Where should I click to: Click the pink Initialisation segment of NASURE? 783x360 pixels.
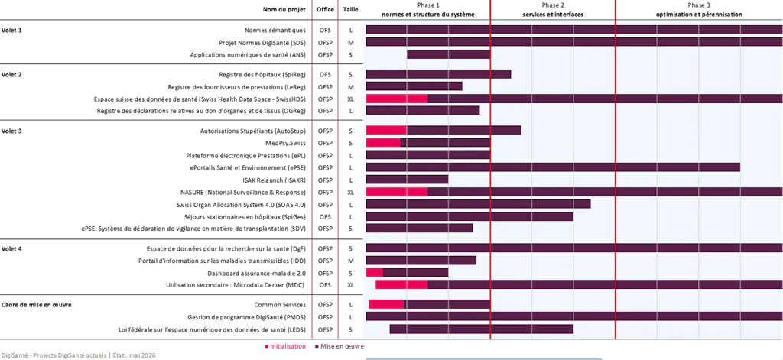tap(397, 192)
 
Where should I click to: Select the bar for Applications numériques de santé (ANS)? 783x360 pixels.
tap(448, 54)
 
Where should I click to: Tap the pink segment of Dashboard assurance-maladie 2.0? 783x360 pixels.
tap(375, 273)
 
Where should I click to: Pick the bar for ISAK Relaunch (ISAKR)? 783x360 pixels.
tap(407, 180)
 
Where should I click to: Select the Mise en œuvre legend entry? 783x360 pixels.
tap(339, 346)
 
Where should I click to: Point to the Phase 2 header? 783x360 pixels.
tap(553, 10)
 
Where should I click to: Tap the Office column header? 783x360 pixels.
tap(325, 9)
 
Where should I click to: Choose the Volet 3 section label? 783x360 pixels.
tap(11, 131)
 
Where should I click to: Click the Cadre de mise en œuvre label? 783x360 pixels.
tap(37, 304)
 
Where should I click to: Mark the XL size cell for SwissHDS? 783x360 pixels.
tap(350, 99)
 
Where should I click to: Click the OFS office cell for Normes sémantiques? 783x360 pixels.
tap(325, 30)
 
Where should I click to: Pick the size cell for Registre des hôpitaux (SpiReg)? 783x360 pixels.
tap(350, 74)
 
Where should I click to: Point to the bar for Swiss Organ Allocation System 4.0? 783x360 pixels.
tap(479, 204)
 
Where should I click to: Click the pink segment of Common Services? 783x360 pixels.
tap(386, 304)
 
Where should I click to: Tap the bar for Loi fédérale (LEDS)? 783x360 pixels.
tap(482, 329)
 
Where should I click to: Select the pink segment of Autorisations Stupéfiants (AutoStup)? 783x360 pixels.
tap(386, 130)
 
